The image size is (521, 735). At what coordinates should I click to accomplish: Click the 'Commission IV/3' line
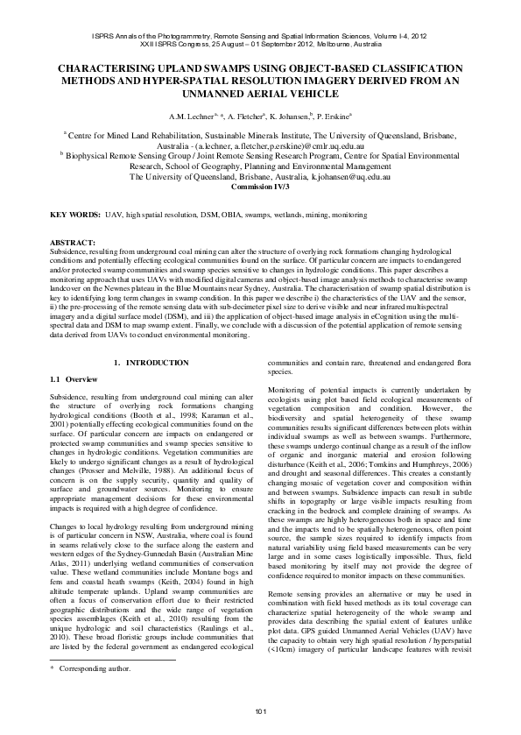(260, 187)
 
